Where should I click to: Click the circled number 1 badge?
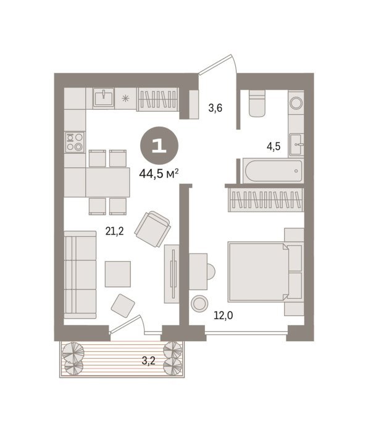[x=159, y=146]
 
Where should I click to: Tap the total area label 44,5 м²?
[x=159, y=174]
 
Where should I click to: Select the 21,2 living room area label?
[x=114, y=231]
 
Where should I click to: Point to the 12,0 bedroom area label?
[x=224, y=315]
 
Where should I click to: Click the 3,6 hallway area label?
[x=215, y=108]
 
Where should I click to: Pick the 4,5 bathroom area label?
[x=274, y=146]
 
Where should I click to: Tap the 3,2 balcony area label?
[x=149, y=360]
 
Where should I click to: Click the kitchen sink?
[x=103, y=98]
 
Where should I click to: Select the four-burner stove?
[x=75, y=142]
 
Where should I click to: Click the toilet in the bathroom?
[x=257, y=103]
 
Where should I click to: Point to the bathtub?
[x=272, y=171]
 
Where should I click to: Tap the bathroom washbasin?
[x=296, y=145]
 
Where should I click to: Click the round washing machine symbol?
[x=296, y=103]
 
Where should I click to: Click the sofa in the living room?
[x=80, y=275]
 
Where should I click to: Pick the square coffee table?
[x=118, y=274]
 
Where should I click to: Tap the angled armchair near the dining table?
[x=153, y=229]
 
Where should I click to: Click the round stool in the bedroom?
[x=199, y=304]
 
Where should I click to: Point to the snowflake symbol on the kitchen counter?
[x=125, y=98]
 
